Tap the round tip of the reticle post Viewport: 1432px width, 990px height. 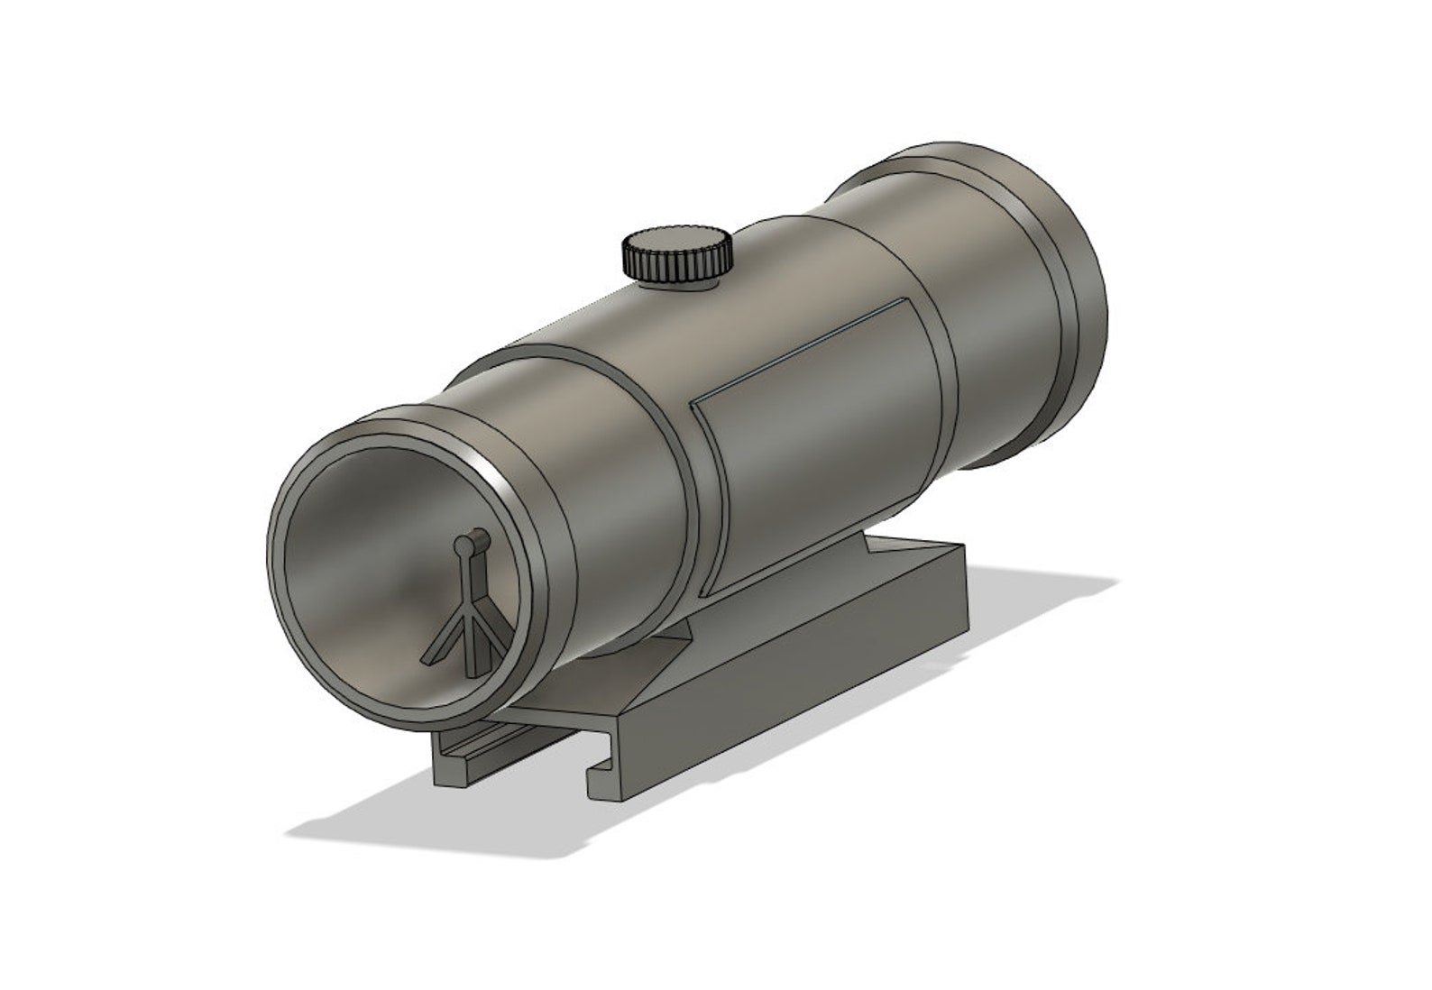coord(465,544)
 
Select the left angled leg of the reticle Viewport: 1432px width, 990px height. coord(445,641)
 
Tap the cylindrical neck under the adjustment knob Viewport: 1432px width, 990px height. coord(678,284)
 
